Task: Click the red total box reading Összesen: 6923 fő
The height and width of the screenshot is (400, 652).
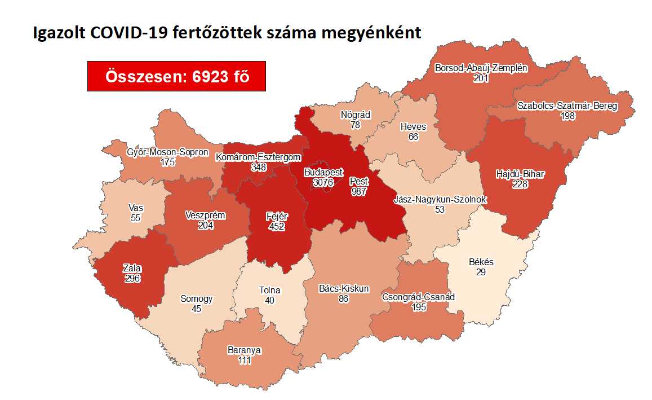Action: coord(176,76)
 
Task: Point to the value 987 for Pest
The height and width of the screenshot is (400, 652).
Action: coord(359,191)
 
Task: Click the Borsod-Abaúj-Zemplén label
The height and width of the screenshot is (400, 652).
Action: coord(481,68)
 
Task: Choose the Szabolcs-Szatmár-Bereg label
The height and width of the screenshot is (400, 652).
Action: coord(567,106)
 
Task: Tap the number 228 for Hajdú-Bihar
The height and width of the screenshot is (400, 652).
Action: coord(520,183)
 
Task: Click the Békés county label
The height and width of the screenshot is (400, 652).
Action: coord(481,262)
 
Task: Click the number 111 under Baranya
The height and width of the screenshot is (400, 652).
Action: coord(245,359)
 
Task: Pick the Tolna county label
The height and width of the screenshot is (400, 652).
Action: coord(269,291)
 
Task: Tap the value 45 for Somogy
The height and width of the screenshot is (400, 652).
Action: coord(196,308)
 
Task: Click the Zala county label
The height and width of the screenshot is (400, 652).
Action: coord(132,269)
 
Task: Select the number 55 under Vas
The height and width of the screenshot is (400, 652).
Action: coord(136,217)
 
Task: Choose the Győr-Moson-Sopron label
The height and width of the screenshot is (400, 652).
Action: coord(168,153)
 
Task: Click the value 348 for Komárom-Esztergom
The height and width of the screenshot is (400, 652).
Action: coord(259,167)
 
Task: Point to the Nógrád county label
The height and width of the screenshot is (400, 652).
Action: coord(355,115)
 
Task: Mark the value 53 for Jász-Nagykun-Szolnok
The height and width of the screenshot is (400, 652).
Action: coord(440,209)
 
